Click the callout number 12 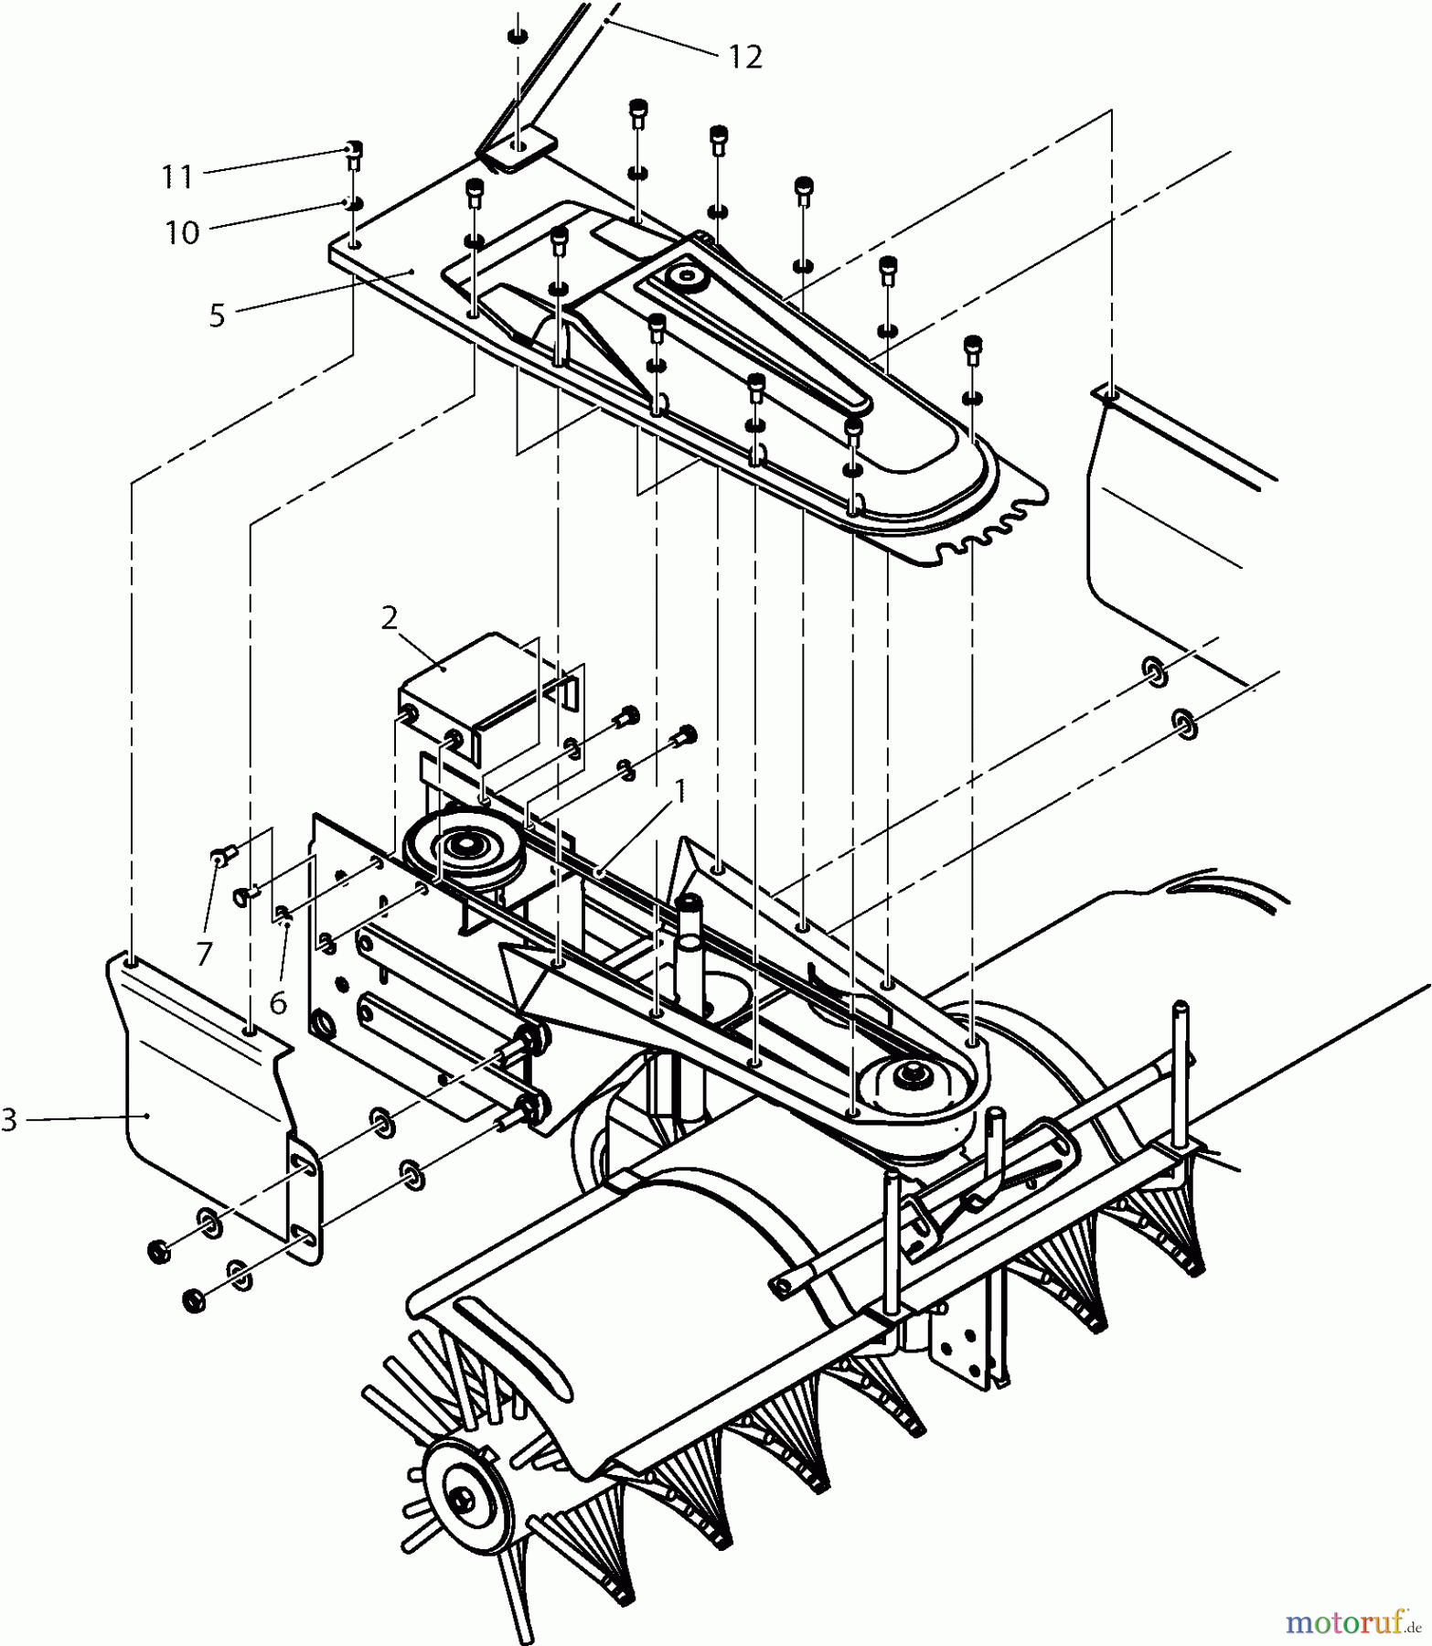click(x=745, y=58)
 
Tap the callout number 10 click(x=182, y=232)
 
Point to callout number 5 click(x=217, y=315)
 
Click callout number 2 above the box click(x=390, y=618)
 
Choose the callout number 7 click(x=204, y=954)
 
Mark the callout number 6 click(x=278, y=1002)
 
